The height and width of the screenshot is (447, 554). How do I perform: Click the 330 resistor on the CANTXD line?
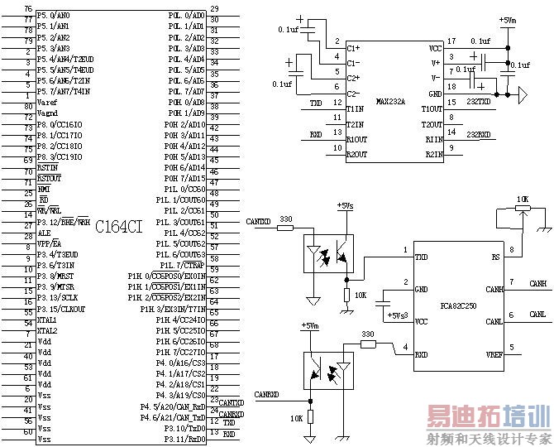coord(297,227)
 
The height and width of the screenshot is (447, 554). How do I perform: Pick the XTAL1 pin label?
coord(46,320)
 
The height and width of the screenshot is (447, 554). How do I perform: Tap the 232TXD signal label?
coord(479,102)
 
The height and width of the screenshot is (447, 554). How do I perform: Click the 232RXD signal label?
coord(479,134)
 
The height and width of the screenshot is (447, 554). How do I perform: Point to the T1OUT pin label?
coord(432,109)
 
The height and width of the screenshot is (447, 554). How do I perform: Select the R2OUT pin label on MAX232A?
coord(356,153)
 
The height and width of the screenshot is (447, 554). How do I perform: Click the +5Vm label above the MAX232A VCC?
coord(508,19)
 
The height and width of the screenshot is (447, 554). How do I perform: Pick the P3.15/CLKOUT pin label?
coord(60,309)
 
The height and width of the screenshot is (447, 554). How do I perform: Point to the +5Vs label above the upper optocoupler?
coord(346,206)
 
